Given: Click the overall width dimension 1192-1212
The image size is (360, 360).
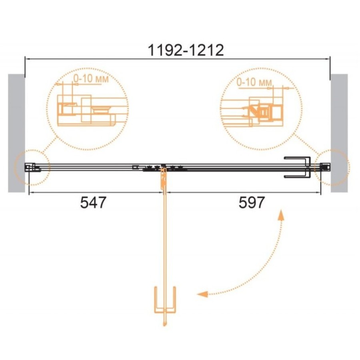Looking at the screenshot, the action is pyautogui.click(x=186, y=50).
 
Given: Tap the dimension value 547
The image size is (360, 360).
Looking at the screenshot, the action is pyautogui.click(x=93, y=202).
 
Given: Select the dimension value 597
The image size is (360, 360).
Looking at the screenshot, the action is pyautogui.click(x=252, y=202).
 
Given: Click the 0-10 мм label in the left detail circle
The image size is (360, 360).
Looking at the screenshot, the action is pyautogui.click(x=91, y=79).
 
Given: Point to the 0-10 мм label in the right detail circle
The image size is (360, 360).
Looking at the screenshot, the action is pyautogui.click(x=254, y=82).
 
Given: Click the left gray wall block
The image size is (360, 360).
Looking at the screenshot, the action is pyautogui.click(x=16, y=133).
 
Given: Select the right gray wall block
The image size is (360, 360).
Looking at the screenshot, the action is pyautogui.click(x=339, y=133).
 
